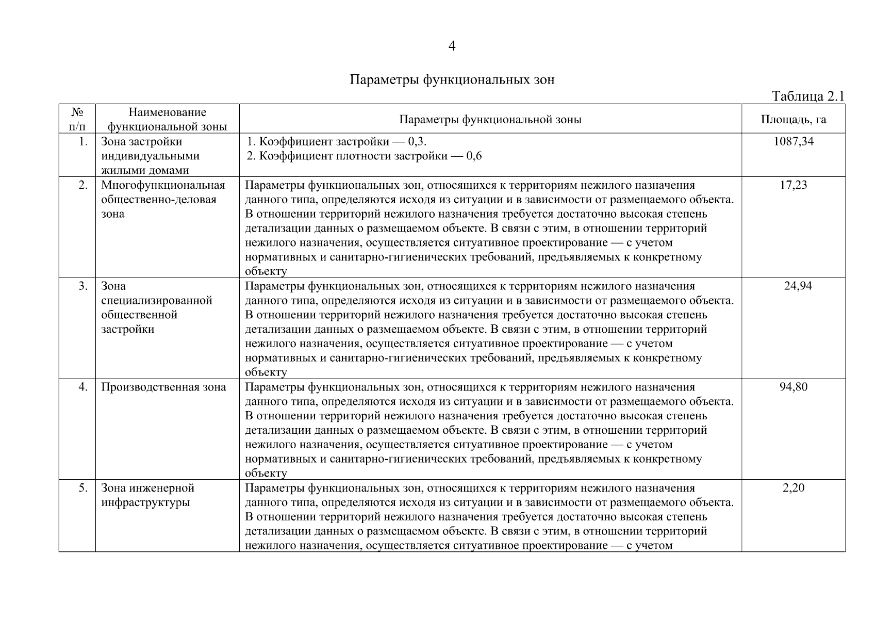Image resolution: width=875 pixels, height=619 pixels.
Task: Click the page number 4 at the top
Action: [x=452, y=46]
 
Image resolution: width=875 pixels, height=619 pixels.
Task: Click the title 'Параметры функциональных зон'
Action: [x=452, y=80]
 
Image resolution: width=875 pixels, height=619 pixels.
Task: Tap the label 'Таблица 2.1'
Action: [x=807, y=96]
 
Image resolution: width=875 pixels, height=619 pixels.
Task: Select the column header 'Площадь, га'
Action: [x=793, y=119]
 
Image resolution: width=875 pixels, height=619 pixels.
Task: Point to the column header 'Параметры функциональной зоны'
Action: [x=490, y=119]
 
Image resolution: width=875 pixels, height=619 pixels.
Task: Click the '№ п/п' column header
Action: [x=77, y=119]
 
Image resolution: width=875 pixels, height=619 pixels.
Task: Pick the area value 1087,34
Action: [x=793, y=141]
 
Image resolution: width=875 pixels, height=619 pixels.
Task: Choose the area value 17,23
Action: [x=793, y=185]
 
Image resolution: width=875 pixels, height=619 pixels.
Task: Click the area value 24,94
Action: [x=798, y=286]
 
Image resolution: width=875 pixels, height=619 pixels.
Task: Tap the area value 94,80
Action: [x=793, y=387]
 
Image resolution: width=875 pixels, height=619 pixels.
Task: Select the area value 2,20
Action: [x=793, y=488]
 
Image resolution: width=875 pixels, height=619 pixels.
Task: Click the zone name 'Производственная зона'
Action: [x=163, y=387]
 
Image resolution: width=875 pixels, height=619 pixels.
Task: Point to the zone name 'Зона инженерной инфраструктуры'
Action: [x=147, y=495]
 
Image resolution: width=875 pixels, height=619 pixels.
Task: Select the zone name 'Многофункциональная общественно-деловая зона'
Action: [x=163, y=199]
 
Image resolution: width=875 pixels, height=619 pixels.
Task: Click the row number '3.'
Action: [x=83, y=286]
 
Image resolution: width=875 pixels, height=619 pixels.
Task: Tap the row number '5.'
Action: [x=83, y=488]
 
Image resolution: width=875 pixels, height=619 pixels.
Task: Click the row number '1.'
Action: [x=83, y=141]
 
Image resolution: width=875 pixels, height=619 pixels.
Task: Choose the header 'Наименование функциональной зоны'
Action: [x=167, y=119]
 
